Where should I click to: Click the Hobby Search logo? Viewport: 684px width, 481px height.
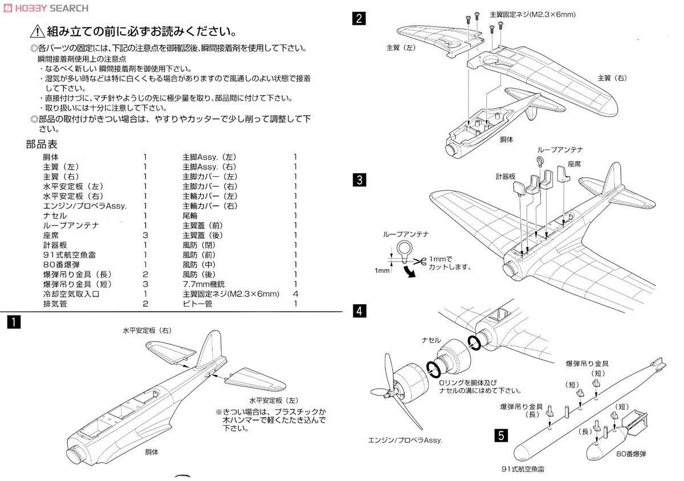pos(45,8)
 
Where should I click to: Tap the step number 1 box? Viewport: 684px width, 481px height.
pos(12,322)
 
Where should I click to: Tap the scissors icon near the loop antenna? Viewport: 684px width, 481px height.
pos(420,262)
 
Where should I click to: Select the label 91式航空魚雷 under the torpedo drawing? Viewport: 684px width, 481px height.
pos(520,469)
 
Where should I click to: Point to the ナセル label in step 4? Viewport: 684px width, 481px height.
pos(431,339)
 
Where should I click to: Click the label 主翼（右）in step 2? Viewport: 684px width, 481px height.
pos(613,78)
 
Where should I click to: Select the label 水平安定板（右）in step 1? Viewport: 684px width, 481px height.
pos(146,330)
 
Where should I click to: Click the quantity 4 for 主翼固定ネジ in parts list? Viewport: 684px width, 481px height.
pos(295,294)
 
